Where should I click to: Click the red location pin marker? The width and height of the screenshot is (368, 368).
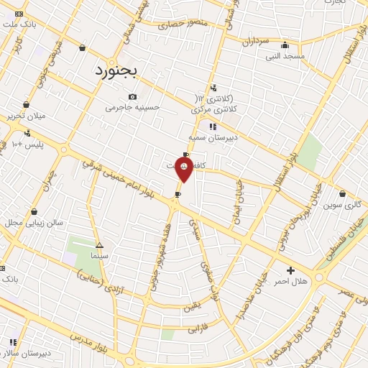pos(185,167)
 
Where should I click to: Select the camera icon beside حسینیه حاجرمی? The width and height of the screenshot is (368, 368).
pos(132,97)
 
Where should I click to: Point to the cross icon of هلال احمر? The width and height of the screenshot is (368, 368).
pos(290,270)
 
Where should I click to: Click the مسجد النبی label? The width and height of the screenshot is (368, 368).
pos(285,55)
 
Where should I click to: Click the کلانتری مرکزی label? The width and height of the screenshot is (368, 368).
pos(214,110)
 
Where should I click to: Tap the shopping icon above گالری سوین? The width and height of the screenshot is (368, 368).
pos(341,193)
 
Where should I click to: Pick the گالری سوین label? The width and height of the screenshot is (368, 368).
pos(341,205)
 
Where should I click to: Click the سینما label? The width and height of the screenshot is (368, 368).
pos(99,255)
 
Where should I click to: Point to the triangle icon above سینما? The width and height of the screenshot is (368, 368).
pos(99,245)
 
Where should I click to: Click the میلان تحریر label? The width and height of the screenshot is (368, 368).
pos(26,116)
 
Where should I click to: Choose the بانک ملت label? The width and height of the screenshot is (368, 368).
pos(19,24)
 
